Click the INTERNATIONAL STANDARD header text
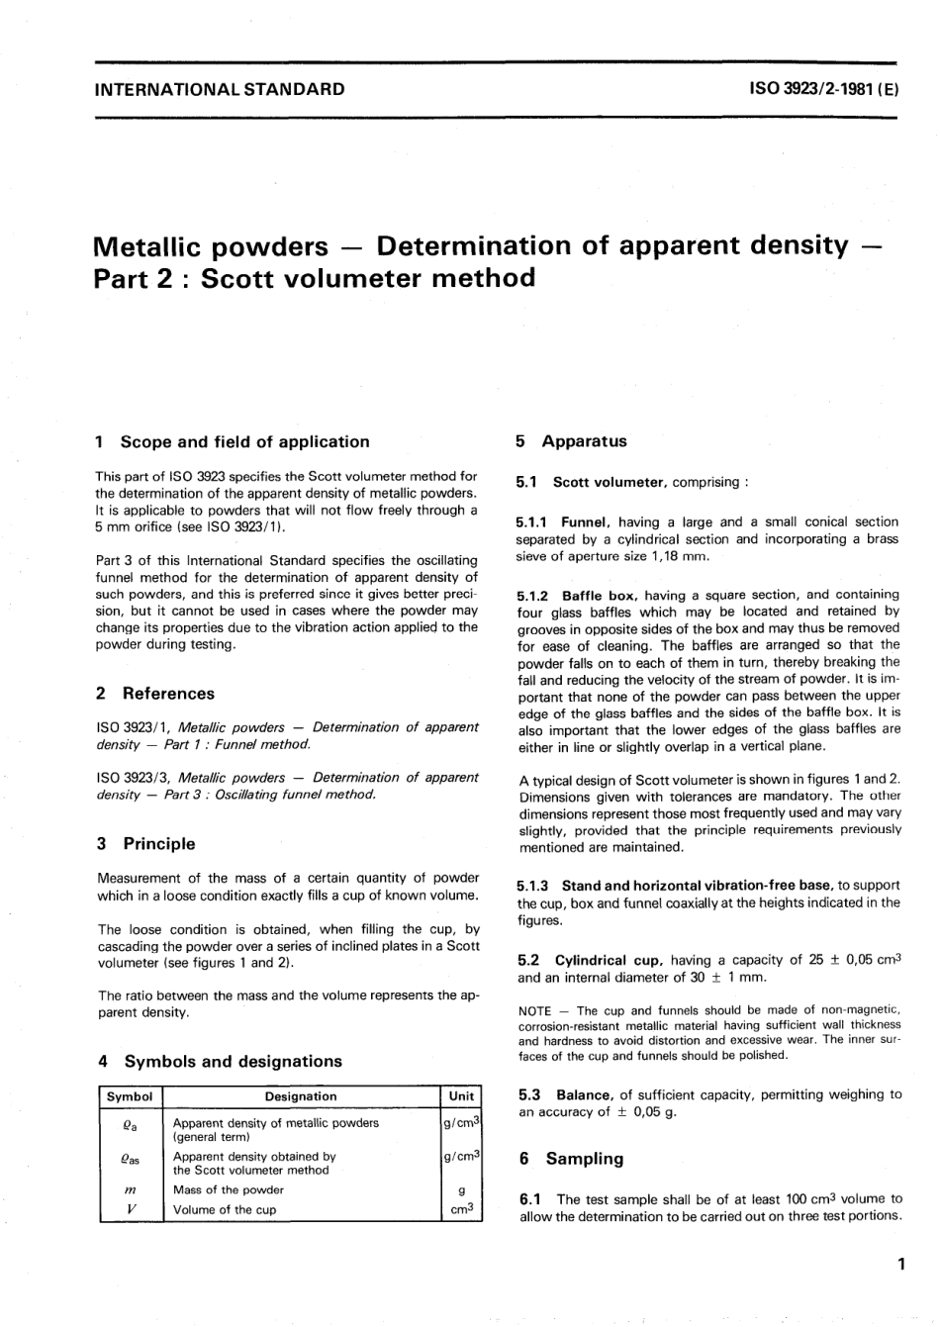coord(219,89)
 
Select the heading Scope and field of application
coord(244,442)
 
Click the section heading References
coord(168,694)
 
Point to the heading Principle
coord(158,844)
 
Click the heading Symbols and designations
coord(233,1062)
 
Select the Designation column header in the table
coord(301,1096)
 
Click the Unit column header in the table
coord(461,1096)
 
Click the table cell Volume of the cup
coord(225,1209)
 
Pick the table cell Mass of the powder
coord(228,1189)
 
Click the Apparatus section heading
coord(583,442)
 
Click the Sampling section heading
coord(584,1159)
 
